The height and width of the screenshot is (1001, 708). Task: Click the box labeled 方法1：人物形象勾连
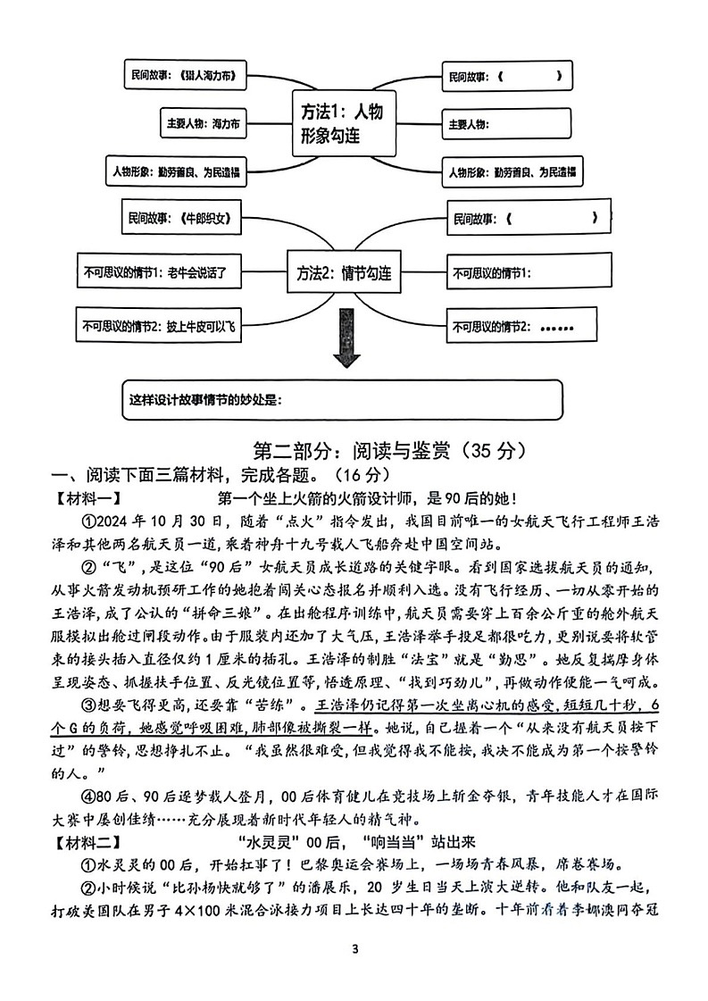click(x=344, y=123)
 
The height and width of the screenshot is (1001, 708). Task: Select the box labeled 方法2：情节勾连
click(x=344, y=273)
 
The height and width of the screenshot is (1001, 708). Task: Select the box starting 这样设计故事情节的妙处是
click(x=344, y=399)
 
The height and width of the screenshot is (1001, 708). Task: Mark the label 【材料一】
click(x=87, y=496)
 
